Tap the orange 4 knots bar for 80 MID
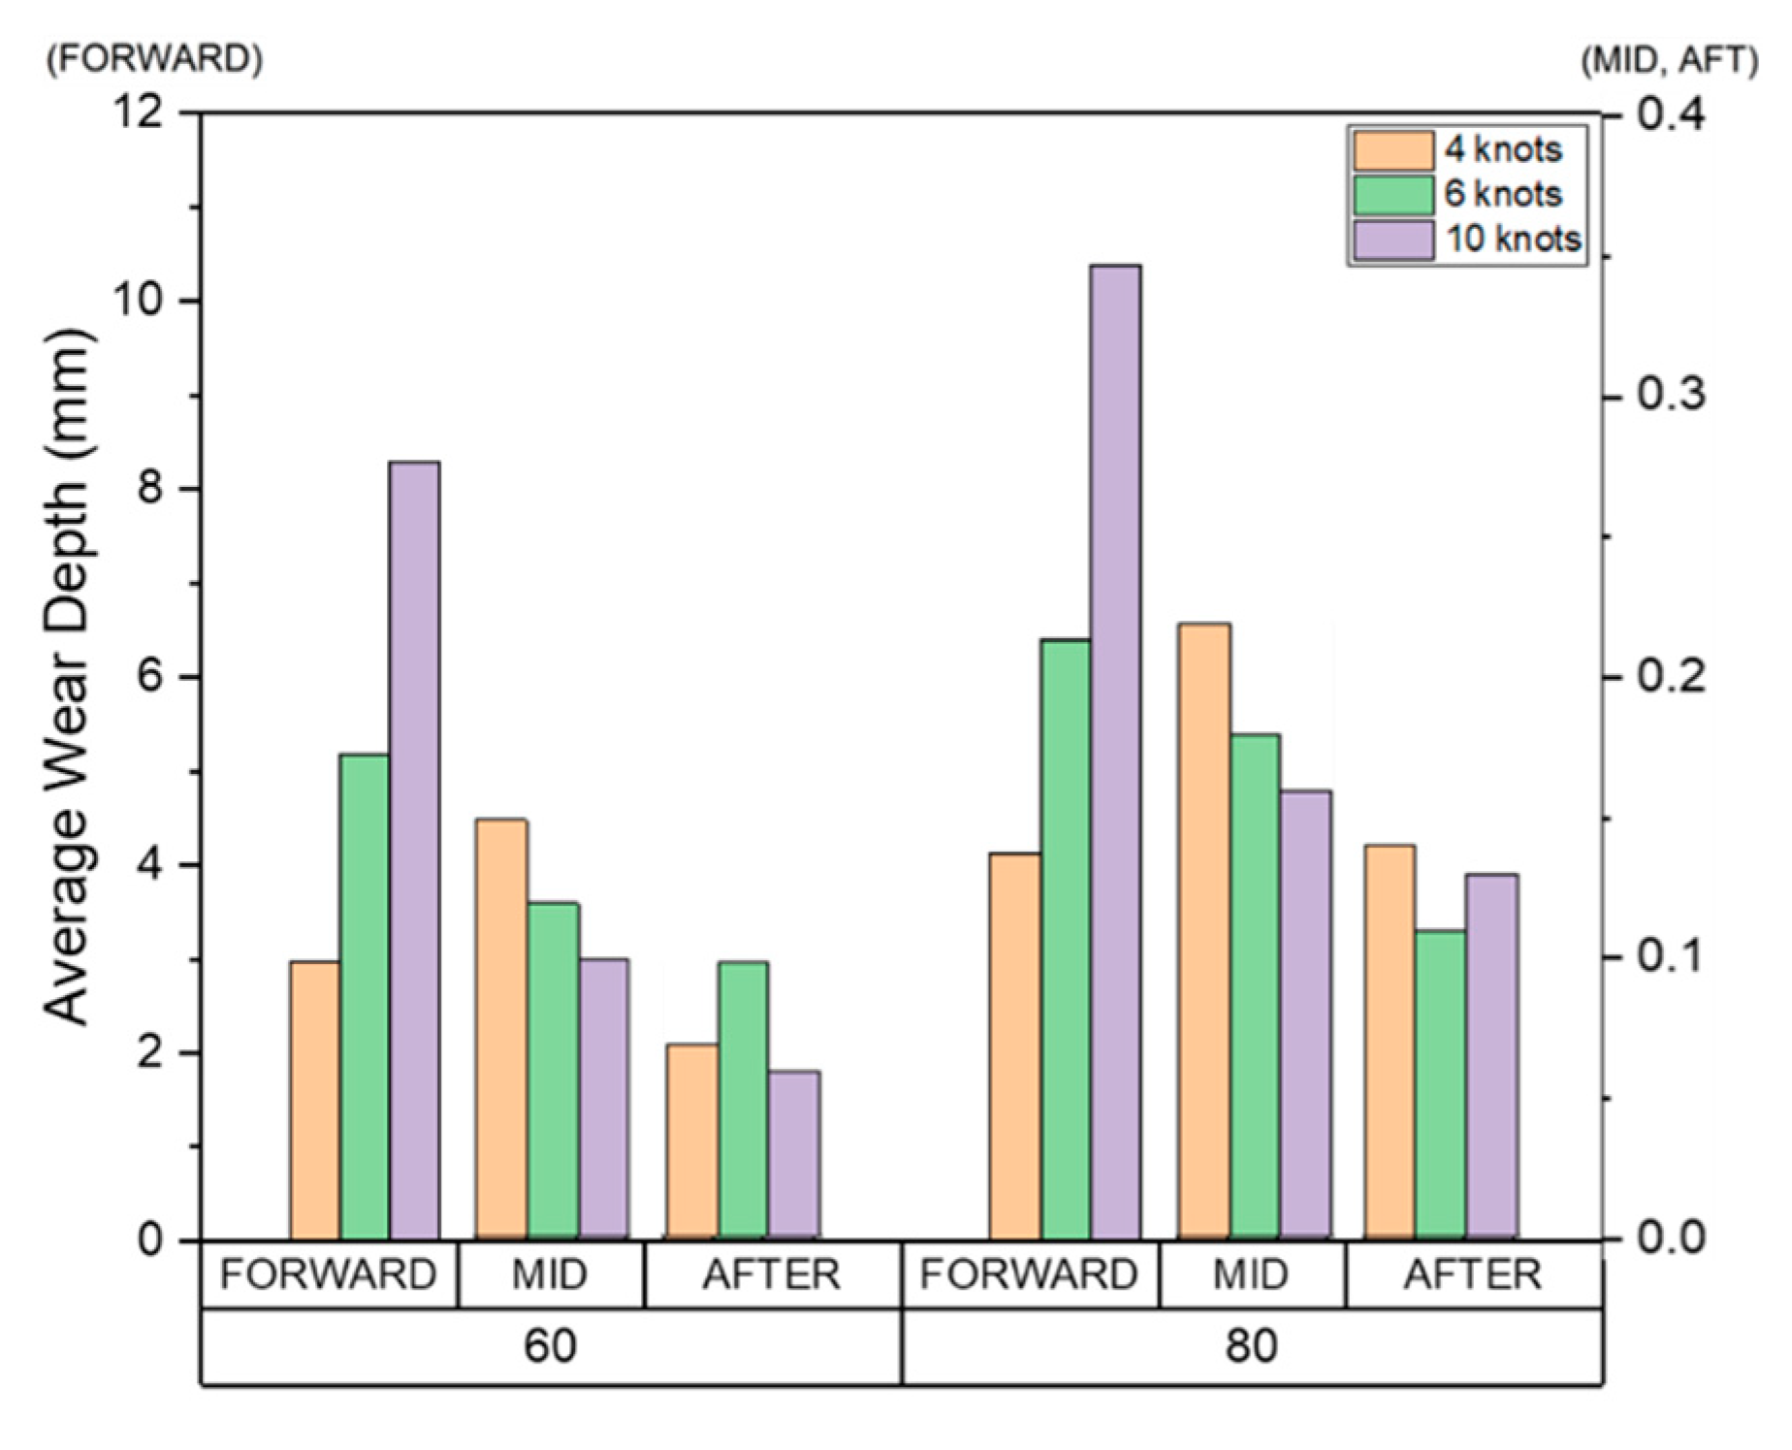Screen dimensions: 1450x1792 point(1204,931)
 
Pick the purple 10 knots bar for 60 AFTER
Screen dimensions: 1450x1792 point(794,1154)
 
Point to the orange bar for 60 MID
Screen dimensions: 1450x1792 point(502,1028)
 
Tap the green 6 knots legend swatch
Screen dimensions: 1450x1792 point(1393,194)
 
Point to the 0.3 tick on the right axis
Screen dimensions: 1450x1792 point(1670,396)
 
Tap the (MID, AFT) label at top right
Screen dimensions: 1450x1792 point(1668,60)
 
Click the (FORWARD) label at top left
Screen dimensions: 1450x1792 point(154,59)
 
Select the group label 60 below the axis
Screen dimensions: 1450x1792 point(550,1346)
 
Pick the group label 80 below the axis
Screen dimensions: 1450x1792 point(1251,1346)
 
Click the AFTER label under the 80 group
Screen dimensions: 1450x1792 point(1471,1274)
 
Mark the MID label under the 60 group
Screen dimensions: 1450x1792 point(550,1274)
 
